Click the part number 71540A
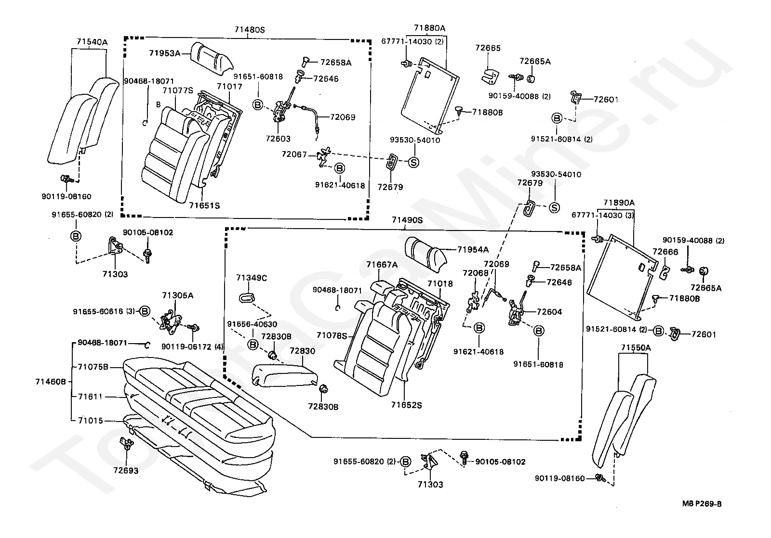[92, 42]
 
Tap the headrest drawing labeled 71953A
[212, 59]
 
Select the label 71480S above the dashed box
[250, 29]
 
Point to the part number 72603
[278, 139]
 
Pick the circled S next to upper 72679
[413, 162]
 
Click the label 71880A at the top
[429, 28]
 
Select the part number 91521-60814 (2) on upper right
[561, 139]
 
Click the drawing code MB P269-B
[702, 504]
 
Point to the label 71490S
[407, 219]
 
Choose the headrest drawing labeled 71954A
[426, 255]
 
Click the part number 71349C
[251, 278]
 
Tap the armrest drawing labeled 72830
[285, 376]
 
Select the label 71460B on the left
[51, 382]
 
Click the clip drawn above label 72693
[126, 444]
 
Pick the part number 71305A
[178, 295]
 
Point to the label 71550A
[636, 347]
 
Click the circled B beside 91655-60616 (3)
[145, 311]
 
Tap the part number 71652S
[406, 405]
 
